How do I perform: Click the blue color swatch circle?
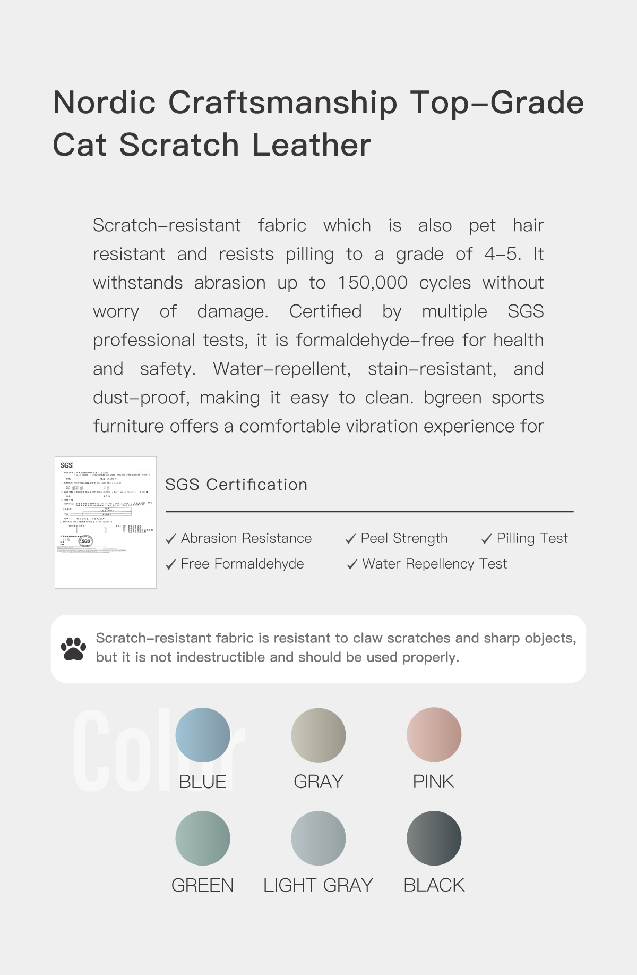click(203, 735)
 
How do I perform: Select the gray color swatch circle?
click(318, 735)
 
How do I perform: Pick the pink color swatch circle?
click(434, 735)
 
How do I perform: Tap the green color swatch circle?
click(203, 838)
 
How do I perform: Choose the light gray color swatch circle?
click(318, 838)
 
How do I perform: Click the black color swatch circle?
click(434, 838)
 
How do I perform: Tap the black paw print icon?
click(73, 649)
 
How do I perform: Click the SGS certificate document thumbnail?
click(106, 522)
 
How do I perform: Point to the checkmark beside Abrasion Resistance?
click(170, 539)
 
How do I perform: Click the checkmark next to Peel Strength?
click(350, 539)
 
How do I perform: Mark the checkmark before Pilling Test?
click(486, 539)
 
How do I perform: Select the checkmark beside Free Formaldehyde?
click(170, 564)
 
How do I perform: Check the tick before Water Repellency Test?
click(352, 564)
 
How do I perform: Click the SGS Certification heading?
click(236, 485)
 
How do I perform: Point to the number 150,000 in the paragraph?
click(373, 283)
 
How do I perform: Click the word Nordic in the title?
click(105, 102)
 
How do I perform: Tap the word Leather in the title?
click(312, 145)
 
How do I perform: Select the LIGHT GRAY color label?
click(318, 885)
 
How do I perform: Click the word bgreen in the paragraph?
click(453, 398)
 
